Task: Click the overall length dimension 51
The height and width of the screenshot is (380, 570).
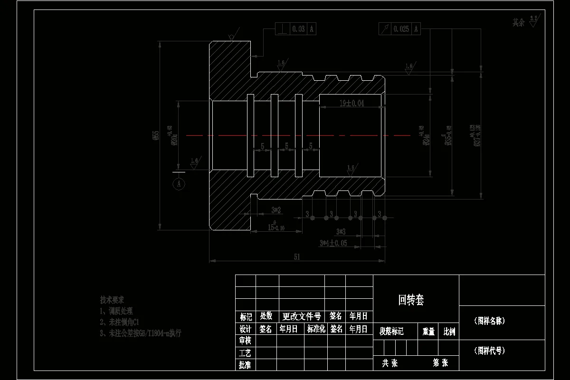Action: [x=297, y=257]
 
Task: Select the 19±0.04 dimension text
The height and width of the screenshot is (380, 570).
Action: [x=351, y=103]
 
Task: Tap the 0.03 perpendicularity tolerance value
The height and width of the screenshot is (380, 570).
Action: [x=299, y=29]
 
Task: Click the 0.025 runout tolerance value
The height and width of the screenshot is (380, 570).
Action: [x=401, y=29]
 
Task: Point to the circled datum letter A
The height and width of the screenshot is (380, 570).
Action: [x=179, y=183]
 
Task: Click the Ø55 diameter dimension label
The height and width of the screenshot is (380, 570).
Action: [x=155, y=135]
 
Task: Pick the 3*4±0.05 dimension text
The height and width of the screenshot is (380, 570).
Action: [x=333, y=243]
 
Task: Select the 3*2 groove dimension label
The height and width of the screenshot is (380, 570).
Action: [x=276, y=209]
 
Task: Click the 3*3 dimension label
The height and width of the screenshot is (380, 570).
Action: [x=341, y=232]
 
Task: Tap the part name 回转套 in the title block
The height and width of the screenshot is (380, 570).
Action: [x=411, y=300]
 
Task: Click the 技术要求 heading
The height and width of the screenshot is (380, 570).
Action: [x=112, y=300]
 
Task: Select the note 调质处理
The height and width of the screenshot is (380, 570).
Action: [x=116, y=311]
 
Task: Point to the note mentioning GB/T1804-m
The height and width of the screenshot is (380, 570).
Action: [x=140, y=333]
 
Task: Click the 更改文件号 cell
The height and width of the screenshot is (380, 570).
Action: [x=302, y=316]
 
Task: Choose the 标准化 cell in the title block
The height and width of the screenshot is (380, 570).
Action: [x=316, y=329]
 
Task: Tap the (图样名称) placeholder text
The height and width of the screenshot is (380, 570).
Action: [x=489, y=321]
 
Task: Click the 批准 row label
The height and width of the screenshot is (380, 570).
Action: [x=245, y=365]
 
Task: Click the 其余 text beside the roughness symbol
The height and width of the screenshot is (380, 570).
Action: [x=518, y=22]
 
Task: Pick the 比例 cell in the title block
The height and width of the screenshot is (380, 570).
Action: [x=449, y=332]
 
